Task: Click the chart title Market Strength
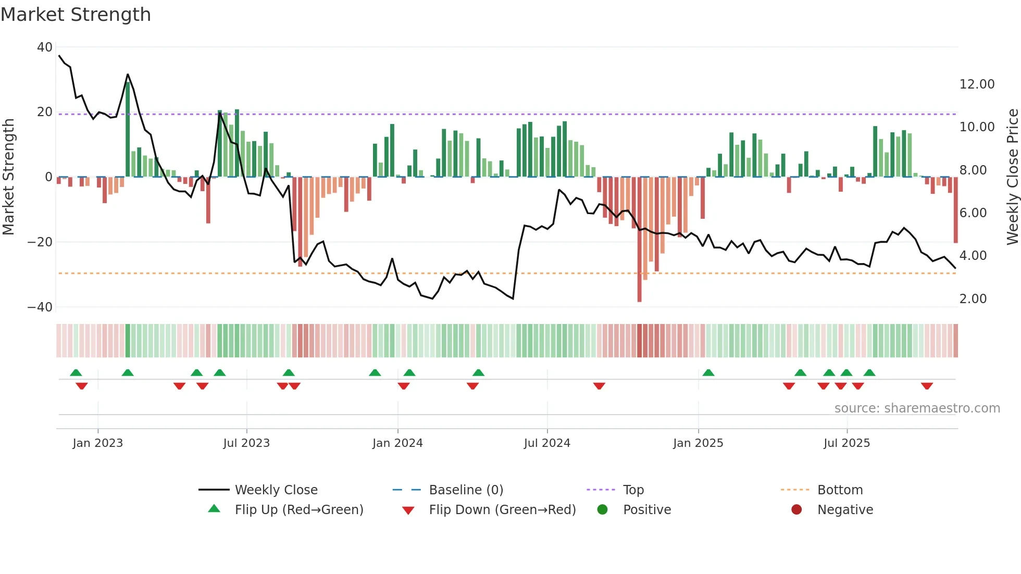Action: (x=76, y=15)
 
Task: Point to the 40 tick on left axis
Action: (x=45, y=47)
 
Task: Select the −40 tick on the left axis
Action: (x=40, y=307)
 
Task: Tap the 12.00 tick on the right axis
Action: (x=977, y=84)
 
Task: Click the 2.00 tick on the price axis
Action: (x=973, y=299)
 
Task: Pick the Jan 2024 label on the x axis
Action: (x=397, y=443)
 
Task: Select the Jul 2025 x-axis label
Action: (x=846, y=443)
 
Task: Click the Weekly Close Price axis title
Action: (x=1012, y=177)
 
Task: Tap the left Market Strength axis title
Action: (x=9, y=177)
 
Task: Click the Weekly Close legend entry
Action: (x=276, y=490)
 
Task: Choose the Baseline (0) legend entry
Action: (x=466, y=490)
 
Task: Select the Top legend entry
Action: (x=633, y=490)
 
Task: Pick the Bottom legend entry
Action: (x=840, y=490)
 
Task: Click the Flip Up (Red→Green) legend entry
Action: (x=298, y=510)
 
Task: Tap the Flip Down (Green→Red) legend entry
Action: (x=502, y=510)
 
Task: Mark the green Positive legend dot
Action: (x=603, y=510)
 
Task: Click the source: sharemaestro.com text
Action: (x=917, y=408)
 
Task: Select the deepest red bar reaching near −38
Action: (x=639, y=240)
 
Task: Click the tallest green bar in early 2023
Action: (x=128, y=130)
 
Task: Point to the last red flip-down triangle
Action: (x=926, y=386)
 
